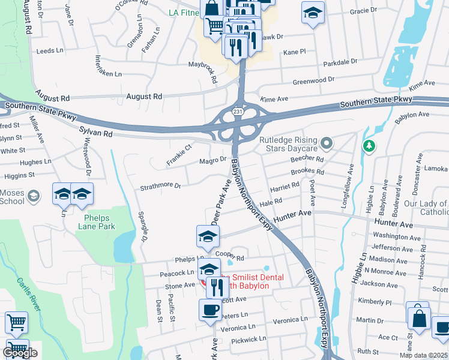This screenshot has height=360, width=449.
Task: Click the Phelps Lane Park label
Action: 96,222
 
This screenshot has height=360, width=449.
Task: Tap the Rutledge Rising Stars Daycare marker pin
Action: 327,143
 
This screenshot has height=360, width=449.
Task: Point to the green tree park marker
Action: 369,146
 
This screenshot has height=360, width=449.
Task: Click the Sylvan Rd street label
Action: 95,131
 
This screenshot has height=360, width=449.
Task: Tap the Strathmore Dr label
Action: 160,186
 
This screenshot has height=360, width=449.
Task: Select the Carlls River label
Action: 28,293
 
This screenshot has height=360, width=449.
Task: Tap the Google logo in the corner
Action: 20,353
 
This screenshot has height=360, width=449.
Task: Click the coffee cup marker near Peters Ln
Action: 210,311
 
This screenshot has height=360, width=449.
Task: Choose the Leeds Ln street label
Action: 50,51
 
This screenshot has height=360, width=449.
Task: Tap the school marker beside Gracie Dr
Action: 312,14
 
